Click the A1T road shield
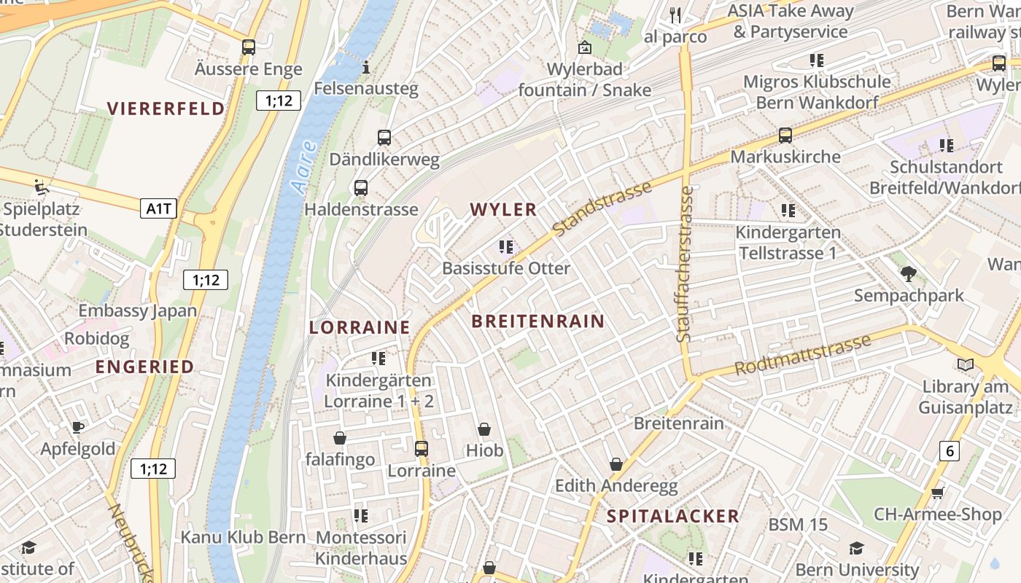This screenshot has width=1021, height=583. click(x=159, y=209)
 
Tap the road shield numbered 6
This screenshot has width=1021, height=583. click(x=949, y=451)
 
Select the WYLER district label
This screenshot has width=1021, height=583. click(x=503, y=210)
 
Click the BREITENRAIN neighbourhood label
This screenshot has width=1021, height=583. click(x=537, y=321)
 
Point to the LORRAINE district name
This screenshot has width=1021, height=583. click(x=360, y=327)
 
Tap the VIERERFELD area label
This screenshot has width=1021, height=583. click(x=166, y=109)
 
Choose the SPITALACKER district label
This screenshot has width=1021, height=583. click(x=673, y=517)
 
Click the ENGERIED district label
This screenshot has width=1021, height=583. click(x=145, y=367)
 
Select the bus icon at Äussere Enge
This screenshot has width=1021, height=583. click(x=249, y=47)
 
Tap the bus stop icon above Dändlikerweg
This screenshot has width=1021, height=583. click(x=384, y=137)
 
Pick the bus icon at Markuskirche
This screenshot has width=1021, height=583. click(x=785, y=135)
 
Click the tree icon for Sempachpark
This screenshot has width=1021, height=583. click(x=908, y=274)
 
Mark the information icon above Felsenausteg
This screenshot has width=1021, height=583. click(x=366, y=68)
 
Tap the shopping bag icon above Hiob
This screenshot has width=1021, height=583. click(x=484, y=430)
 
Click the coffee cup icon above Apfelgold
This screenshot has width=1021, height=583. click(x=78, y=427)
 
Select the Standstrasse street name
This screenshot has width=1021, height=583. click(x=602, y=209)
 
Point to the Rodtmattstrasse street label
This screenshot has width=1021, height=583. click(x=802, y=355)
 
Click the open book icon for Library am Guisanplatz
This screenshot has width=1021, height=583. click(x=966, y=364)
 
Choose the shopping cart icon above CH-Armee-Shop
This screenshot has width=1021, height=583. click(x=938, y=493)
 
